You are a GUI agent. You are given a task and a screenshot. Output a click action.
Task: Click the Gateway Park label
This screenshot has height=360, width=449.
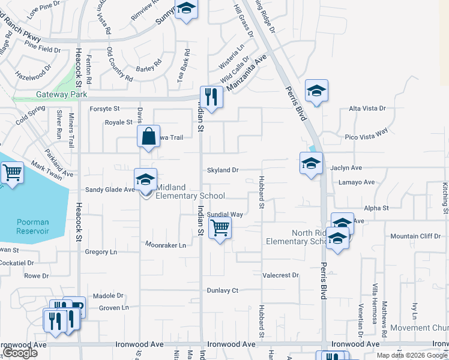(61, 94)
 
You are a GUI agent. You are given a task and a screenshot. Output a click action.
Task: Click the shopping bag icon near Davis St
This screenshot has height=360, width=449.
(148, 136)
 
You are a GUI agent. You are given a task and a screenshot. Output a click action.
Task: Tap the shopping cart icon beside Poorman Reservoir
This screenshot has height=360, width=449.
(12, 173)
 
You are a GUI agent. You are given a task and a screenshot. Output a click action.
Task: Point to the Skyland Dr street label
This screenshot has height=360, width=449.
(223, 170)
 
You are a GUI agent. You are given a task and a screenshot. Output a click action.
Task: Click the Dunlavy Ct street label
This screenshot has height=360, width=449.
(223, 290)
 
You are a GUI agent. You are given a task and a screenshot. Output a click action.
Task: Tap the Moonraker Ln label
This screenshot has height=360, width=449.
(166, 245)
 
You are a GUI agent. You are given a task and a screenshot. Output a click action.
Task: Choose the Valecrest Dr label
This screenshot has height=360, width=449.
(280, 275)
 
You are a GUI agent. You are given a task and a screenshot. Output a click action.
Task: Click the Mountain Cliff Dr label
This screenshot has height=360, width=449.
(415, 236)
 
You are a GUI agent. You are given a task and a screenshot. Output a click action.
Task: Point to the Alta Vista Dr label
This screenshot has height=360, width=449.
(367, 109)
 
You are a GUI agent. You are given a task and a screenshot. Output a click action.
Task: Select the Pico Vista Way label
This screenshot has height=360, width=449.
(366, 137)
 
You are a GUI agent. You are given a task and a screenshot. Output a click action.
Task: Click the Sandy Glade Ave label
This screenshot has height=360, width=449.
(110, 190)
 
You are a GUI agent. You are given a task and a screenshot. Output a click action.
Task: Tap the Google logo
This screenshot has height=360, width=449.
(20, 353)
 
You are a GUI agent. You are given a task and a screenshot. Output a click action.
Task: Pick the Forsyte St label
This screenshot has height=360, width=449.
(105, 109)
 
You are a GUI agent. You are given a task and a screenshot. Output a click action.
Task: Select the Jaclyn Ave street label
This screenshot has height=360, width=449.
(346, 169)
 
